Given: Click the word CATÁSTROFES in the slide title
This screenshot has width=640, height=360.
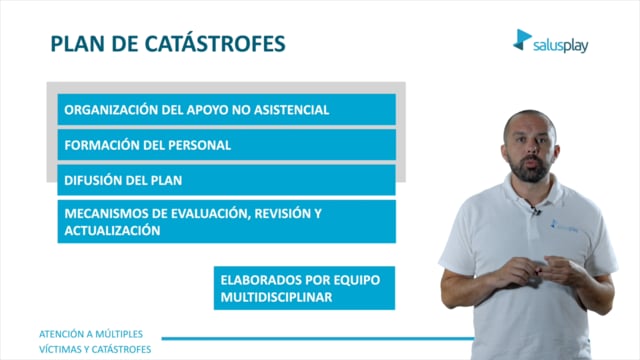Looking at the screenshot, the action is point(215,43).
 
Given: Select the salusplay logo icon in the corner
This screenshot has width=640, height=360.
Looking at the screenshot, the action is point(522,40).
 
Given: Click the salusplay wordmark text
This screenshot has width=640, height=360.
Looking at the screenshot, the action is point(560,46).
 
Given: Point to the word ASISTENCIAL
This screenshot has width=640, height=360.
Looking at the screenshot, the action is point(291,110).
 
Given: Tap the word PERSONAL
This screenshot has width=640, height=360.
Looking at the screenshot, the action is point(199,145).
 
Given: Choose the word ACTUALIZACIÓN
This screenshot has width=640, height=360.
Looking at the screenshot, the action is point(112,230).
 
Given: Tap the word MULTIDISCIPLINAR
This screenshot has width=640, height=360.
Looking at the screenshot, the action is point(276,297).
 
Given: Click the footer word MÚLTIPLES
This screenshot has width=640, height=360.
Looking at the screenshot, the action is point(118,333).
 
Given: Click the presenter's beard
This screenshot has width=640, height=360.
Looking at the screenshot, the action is point(529,168).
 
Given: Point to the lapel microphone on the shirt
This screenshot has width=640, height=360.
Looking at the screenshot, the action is point(535,211).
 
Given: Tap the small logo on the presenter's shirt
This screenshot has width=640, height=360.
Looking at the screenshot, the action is point(564,226).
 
